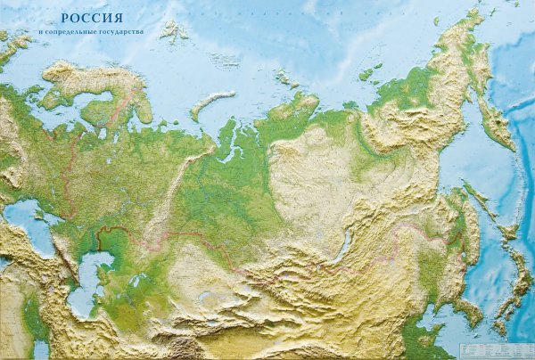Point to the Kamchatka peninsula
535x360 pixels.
(x=494, y=116)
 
